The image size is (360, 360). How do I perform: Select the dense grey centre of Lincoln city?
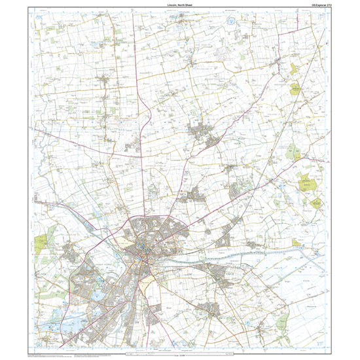[142, 251]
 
